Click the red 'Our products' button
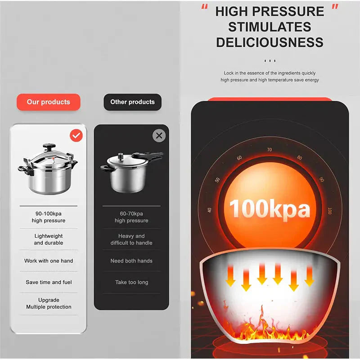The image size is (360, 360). click(49, 102)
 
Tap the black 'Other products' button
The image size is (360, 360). click(132, 102)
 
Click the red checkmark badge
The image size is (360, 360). click(76, 135)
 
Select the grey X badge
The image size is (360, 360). click(159, 135)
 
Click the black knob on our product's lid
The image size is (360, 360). click(49, 147)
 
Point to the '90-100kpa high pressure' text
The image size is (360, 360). click(49, 217)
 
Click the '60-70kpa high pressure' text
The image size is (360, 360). click(131, 217)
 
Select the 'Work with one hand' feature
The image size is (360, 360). click(49, 261)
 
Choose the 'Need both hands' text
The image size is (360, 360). click(131, 261)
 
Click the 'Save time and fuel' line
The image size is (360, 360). click(49, 283)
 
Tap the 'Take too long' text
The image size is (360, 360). click(131, 283)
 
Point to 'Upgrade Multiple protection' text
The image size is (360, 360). click(49, 303)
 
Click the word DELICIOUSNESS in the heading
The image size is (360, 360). click(270, 42)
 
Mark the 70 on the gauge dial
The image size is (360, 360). click(269, 150)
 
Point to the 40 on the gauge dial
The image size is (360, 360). click(209, 210)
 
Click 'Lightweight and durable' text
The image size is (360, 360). click(49, 239)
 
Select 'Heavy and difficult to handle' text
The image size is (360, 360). click(131, 239)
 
